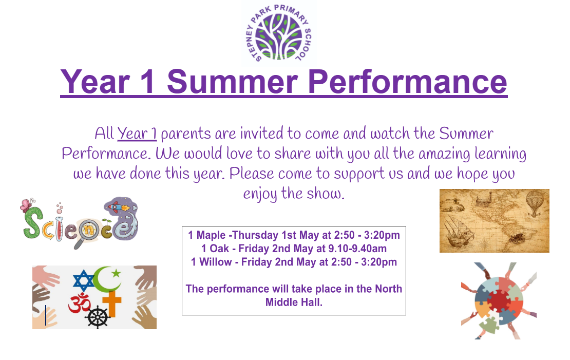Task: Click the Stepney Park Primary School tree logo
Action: pos(279,34)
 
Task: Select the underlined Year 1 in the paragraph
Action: pos(137,134)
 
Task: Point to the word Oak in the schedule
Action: pos(219,249)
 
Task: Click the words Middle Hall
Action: pos(294,302)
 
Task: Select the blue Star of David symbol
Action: pos(83,281)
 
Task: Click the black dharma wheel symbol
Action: pos(97,317)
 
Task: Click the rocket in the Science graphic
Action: pos(119,207)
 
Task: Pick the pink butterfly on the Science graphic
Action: pos(26,205)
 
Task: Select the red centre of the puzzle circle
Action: pos(499,300)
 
